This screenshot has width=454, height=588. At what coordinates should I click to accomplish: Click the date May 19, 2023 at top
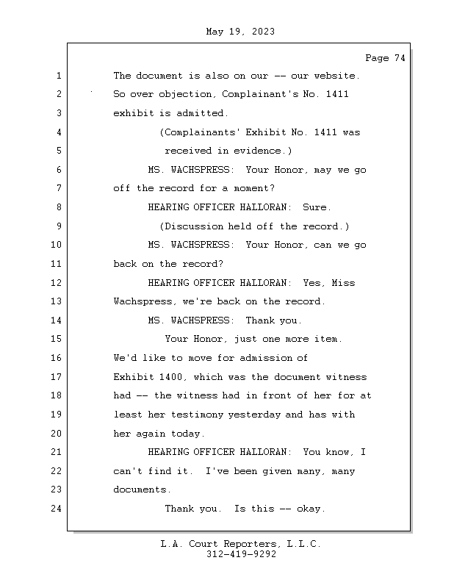(x=240, y=32)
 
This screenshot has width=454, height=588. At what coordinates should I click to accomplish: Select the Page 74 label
(x=385, y=59)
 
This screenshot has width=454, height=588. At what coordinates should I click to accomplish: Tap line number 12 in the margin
(x=58, y=283)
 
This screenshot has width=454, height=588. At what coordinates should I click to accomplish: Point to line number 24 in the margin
(x=58, y=509)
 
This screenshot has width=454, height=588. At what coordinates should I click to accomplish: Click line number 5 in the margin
(x=58, y=151)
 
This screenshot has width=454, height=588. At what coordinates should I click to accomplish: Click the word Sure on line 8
(x=317, y=207)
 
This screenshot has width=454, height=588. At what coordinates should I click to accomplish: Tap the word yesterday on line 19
(x=255, y=415)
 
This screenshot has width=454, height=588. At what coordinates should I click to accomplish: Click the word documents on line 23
(x=141, y=490)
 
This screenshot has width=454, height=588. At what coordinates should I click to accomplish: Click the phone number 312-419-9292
(x=241, y=555)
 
